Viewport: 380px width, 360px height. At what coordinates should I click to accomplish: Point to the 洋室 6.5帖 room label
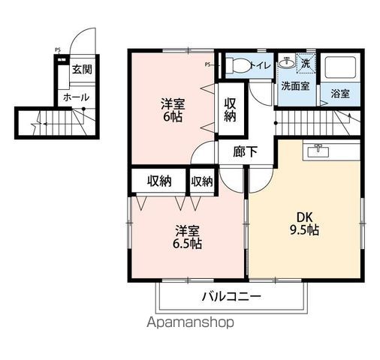(x=185, y=238)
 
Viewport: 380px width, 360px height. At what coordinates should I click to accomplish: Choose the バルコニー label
(x=231, y=297)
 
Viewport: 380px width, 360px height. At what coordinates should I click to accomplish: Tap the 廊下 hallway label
(x=246, y=151)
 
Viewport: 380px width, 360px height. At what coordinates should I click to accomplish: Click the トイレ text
(x=261, y=65)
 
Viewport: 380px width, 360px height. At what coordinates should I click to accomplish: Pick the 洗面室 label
(x=295, y=85)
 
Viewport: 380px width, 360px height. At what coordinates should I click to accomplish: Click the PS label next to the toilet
(x=207, y=64)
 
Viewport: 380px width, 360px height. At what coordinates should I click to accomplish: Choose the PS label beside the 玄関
(x=57, y=51)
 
